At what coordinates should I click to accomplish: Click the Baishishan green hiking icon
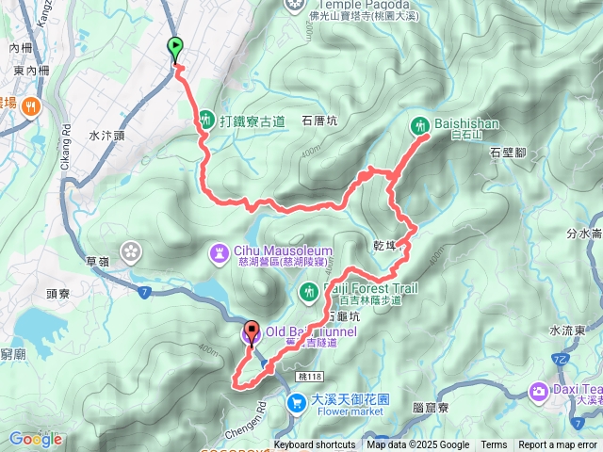pos(419,124)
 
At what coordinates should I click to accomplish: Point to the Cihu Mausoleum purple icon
pos(219,252)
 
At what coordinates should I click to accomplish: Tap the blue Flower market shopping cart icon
pos(298,403)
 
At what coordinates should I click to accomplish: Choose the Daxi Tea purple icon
pos(538,390)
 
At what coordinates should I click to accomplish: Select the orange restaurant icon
pos(31,105)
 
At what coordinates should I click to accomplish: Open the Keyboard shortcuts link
pos(315,445)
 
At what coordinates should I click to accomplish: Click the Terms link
pos(494,445)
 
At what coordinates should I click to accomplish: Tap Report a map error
pos(559,445)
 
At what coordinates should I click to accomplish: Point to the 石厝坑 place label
pos(318,121)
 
